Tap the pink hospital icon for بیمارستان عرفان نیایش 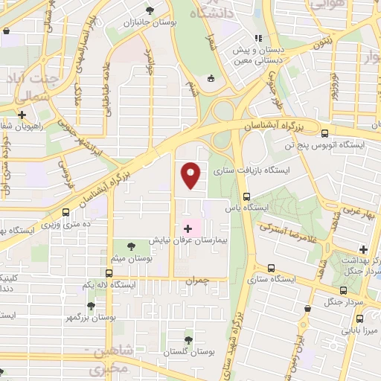tap(187, 228)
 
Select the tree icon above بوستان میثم tap(131, 246)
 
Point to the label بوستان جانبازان tap(153, 23)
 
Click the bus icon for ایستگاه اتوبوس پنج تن tap(324, 132)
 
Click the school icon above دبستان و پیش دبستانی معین tap(258, 39)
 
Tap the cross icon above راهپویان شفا tap(23, 115)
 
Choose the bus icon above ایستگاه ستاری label tap(270, 268)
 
